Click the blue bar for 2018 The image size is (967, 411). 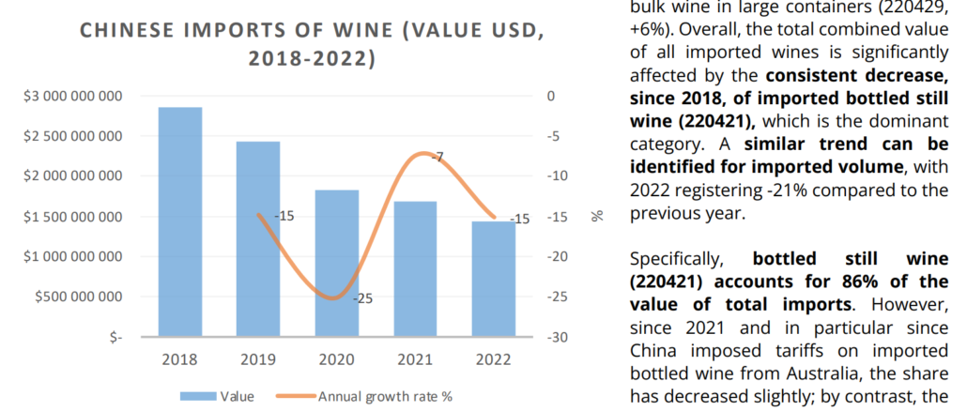(179, 221)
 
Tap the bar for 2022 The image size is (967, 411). (493, 279)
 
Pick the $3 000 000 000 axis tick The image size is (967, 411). (78, 96)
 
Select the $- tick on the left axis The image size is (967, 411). (116, 337)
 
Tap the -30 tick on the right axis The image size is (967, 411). (556, 337)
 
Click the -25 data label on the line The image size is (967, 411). (362, 298)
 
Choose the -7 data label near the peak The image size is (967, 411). (437, 156)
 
